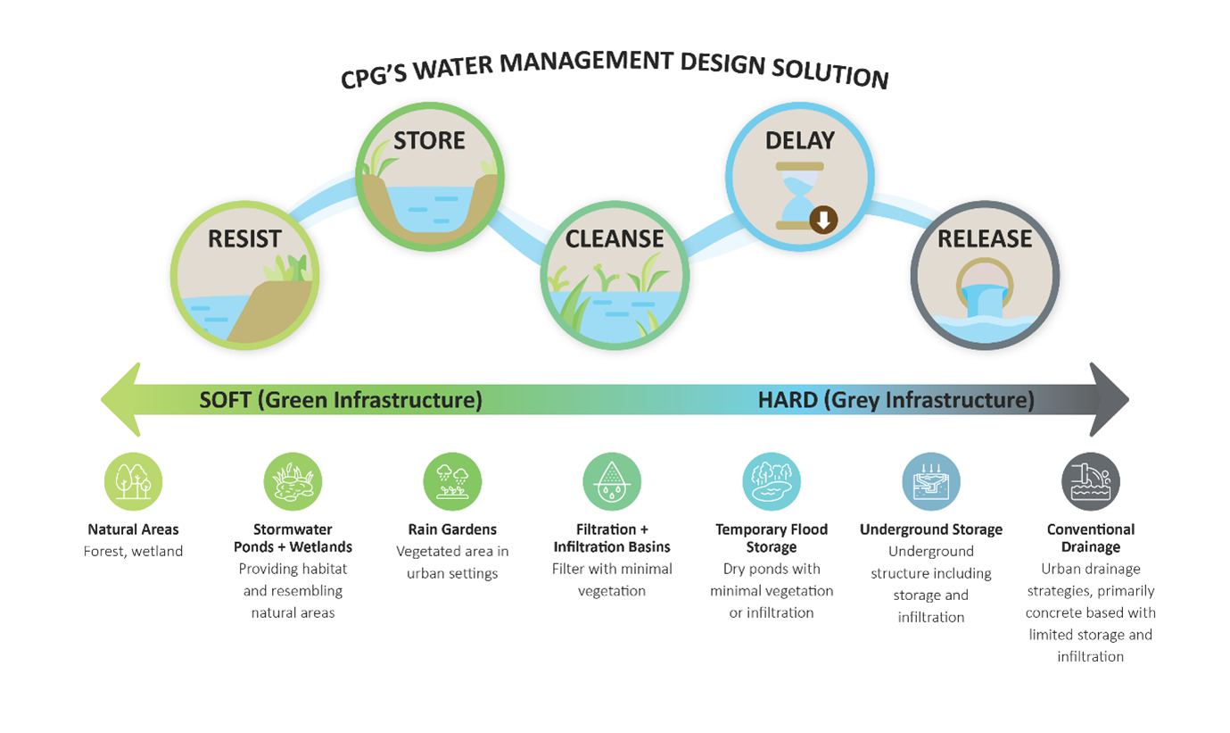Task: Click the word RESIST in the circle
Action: [x=244, y=239]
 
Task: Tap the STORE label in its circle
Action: [x=430, y=141]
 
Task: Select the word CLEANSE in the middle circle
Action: [x=615, y=239]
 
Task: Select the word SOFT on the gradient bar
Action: [x=225, y=400]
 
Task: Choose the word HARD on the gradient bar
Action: [x=788, y=400]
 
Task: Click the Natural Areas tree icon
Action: [x=133, y=481]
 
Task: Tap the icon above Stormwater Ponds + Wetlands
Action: [x=293, y=481]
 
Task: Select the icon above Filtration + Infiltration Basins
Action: [x=612, y=481]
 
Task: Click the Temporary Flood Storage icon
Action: [x=772, y=481]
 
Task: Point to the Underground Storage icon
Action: [x=931, y=481]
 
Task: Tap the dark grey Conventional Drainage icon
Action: [x=1091, y=481]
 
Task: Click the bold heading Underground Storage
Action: [x=931, y=529]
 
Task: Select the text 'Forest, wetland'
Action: [x=133, y=552]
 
